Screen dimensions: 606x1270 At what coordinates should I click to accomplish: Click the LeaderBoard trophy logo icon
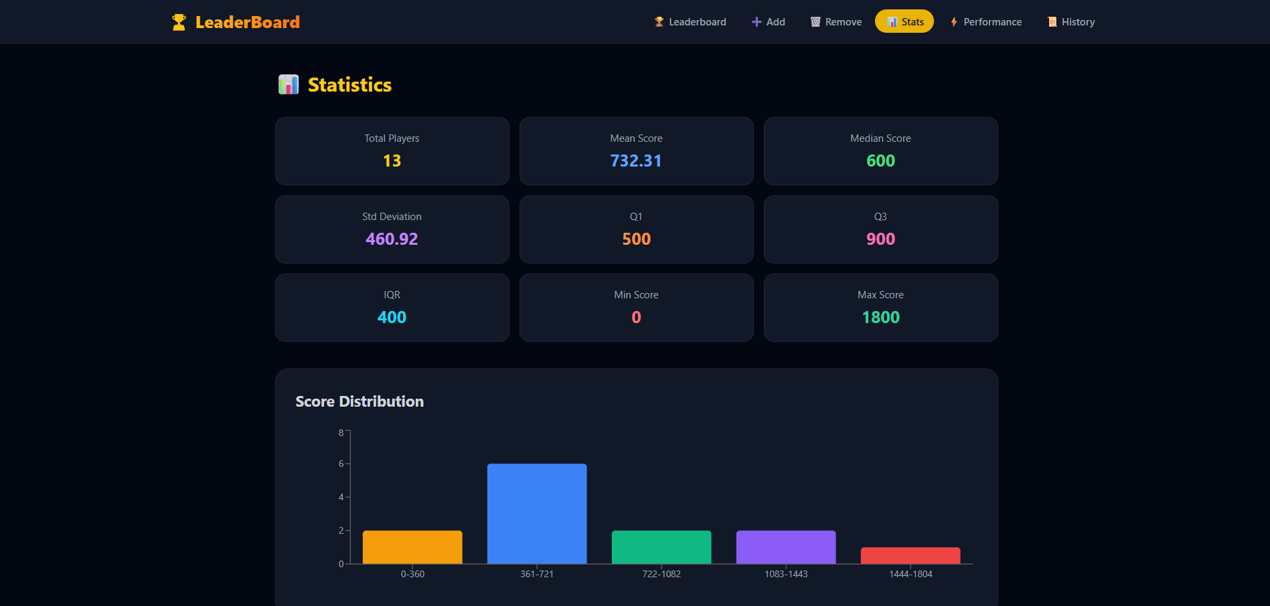[179, 22]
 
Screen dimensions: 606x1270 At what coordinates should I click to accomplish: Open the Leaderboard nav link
[690, 22]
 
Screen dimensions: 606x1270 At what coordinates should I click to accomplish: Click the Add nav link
[769, 22]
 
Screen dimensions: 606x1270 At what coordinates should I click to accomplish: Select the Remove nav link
[836, 22]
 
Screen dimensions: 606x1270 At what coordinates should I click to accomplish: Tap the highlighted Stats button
[904, 22]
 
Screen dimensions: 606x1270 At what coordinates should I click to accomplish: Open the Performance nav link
[986, 22]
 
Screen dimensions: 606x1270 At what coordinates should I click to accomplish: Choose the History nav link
[1071, 22]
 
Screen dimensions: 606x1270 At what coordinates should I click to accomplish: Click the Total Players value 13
[392, 161]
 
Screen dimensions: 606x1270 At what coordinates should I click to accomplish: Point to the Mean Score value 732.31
[636, 161]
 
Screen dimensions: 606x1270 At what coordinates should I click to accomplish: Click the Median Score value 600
[880, 161]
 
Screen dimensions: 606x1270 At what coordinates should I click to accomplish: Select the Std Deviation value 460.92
[392, 239]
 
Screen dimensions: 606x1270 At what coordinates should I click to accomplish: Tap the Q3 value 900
[880, 239]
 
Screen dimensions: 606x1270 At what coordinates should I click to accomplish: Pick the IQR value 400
[392, 318]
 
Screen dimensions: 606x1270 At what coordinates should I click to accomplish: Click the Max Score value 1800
[880, 318]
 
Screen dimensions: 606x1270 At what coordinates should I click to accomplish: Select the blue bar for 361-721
[537, 514]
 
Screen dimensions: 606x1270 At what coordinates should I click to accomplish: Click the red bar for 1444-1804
[910, 556]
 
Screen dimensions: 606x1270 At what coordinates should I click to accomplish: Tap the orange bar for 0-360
[412, 547]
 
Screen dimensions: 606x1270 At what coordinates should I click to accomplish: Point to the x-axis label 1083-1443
[786, 574]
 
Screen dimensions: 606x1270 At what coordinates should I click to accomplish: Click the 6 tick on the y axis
[341, 464]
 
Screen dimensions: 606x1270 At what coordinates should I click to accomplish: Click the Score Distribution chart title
[360, 401]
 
